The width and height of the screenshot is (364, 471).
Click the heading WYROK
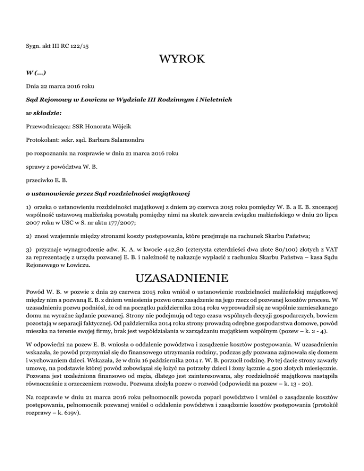(182, 59)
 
